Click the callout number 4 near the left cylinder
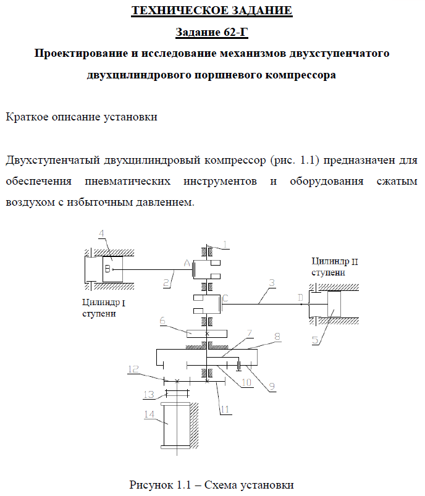coord(102,233)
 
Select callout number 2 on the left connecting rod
coord(166,284)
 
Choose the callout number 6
coord(162,321)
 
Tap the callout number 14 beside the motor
coord(149,415)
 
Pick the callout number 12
coord(133,369)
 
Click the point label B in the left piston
coord(107,269)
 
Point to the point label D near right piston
coord(300,298)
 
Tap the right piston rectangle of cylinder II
coord(334,304)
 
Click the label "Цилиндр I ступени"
coord(103,308)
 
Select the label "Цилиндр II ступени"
coord(334,267)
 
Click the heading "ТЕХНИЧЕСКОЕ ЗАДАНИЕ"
coord(212,11)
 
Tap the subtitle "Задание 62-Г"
coord(212,32)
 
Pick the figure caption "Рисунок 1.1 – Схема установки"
coord(211,484)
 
